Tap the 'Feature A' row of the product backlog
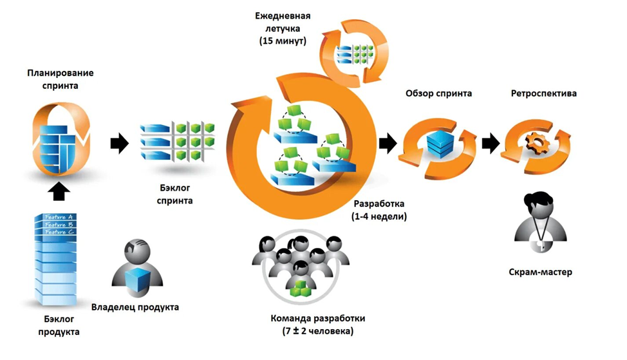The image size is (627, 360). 57,216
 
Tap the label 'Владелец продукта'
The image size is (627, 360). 135,307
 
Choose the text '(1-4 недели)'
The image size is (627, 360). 379,216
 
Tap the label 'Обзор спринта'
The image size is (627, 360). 438,93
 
